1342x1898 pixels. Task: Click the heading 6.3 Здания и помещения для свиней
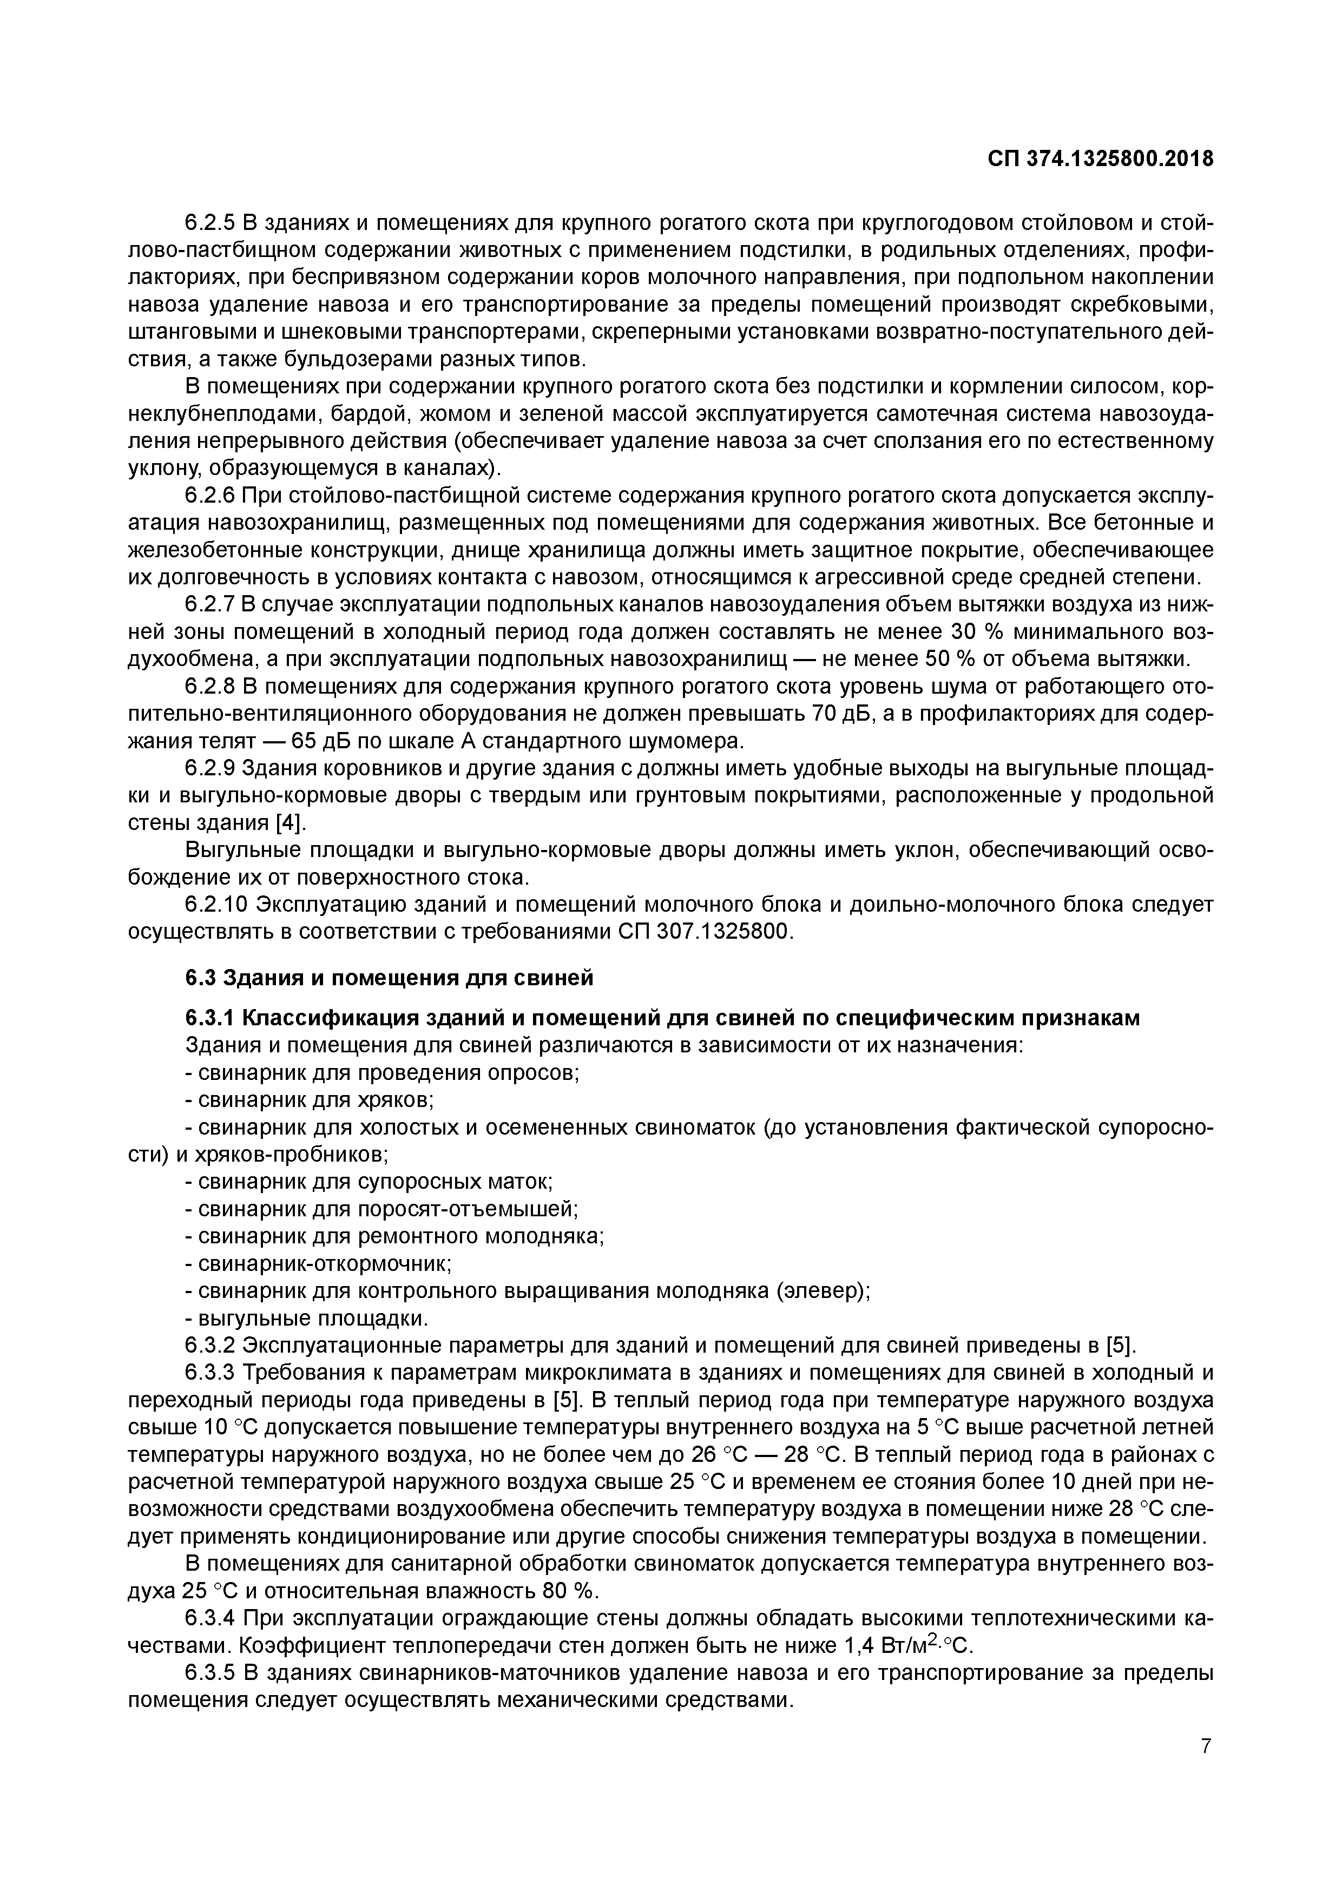[389, 978]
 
